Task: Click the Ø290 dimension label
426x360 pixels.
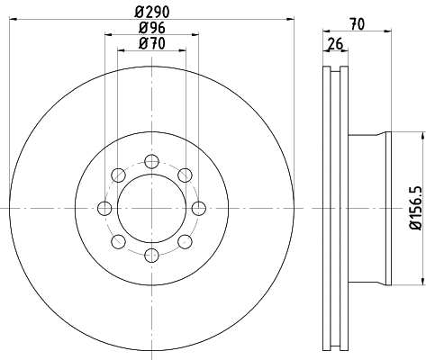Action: click(x=152, y=12)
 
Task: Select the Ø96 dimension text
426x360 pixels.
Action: click(x=152, y=28)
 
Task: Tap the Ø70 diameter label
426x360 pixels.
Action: click(x=152, y=44)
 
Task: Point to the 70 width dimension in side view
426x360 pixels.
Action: click(x=358, y=24)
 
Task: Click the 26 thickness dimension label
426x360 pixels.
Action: click(x=335, y=44)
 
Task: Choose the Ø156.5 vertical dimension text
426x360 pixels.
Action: click(x=416, y=208)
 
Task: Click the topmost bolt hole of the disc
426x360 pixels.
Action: click(x=151, y=161)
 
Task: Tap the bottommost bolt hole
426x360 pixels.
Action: click(x=151, y=256)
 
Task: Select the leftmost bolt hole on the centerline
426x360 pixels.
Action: click(x=104, y=208)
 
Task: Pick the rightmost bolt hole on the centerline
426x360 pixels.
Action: click(x=199, y=208)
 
